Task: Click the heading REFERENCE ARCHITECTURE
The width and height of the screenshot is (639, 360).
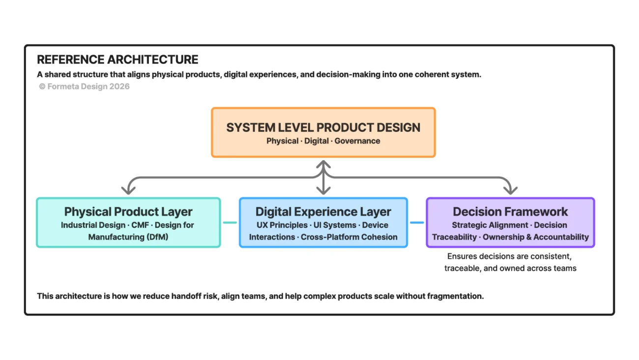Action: (x=117, y=60)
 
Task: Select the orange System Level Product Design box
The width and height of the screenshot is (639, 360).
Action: (x=323, y=132)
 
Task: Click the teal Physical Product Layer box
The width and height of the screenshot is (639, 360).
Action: (x=128, y=222)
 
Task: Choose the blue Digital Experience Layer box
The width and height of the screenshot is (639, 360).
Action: (x=323, y=222)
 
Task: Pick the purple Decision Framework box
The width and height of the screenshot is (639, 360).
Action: (x=510, y=222)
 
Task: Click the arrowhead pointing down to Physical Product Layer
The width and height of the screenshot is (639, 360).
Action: (x=128, y=189)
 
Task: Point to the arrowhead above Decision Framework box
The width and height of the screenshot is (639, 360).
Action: (x=510, y=189)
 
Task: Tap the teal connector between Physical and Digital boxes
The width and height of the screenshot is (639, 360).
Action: (x=230, y=222)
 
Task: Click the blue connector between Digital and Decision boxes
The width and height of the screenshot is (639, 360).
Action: (x=417, y=222)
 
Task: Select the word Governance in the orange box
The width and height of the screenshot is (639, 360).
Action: (x=357, y=141)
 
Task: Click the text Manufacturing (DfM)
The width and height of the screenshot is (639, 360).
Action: (x=128, y=237)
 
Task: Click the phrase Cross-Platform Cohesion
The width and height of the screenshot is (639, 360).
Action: (x=349, y=237)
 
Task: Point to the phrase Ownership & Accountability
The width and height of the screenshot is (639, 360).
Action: (x=536, y=237)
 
